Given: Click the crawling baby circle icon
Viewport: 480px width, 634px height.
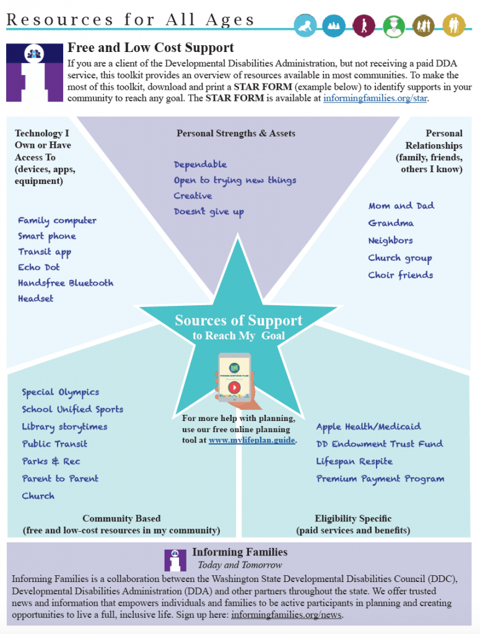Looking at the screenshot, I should [x=305, y=26].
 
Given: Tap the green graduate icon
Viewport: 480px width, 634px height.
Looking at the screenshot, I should [x=394, y=26].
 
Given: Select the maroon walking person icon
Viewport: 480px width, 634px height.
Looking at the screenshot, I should [x=364, y=26].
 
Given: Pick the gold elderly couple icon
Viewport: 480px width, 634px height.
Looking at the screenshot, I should [x=454, y=26].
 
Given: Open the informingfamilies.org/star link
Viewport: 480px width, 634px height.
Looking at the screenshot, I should [x=375, y=98].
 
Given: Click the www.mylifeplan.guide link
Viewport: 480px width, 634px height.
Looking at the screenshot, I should [x=251, y=440].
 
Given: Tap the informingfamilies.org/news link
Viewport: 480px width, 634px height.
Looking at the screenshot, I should [x=286, y=615].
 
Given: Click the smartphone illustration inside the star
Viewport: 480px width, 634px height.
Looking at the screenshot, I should [x=234, y=379].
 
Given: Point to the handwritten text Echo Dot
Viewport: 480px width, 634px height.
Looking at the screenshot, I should [x=38, y=267].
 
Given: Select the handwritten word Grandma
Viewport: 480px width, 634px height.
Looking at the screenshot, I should [x=391, y=223].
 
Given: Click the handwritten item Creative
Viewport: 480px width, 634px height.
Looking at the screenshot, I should [x=193, y=196].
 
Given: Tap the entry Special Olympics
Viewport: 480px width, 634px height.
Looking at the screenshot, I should [x=60, y=392].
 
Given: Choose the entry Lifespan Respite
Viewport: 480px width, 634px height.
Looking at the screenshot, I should [x=354, y=461].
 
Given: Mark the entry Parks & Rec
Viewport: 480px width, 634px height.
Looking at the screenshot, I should [x=51, y=461].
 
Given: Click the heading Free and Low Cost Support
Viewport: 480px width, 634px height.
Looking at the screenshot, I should [x=151, y=48].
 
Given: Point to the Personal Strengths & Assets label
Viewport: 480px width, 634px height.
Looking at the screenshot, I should [x=236, y=133].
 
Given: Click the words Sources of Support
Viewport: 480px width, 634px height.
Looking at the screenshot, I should [x=238, y=320].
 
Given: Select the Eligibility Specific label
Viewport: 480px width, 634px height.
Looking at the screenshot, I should [x=353, y=518].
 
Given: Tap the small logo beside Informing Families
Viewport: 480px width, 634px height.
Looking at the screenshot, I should [x=175, y=559].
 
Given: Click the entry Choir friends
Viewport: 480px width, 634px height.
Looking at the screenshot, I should [x=400, y=275].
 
